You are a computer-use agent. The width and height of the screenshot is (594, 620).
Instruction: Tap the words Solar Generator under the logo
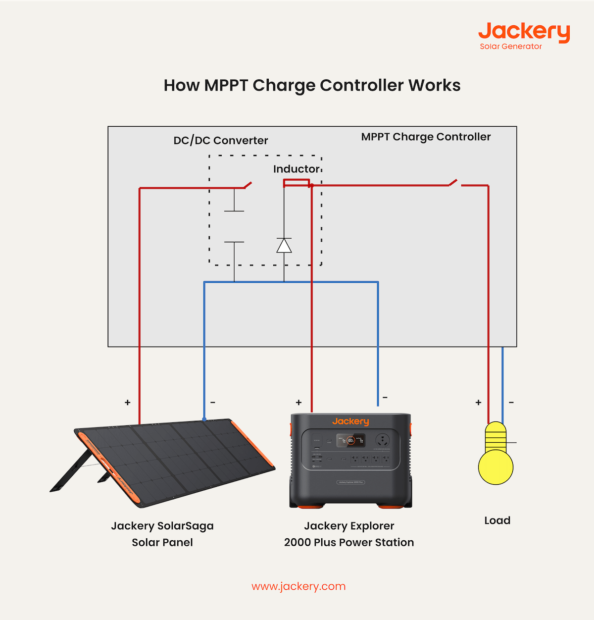(x=510, y=47)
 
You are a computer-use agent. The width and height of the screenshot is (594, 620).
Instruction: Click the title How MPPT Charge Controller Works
(x=312, y=85)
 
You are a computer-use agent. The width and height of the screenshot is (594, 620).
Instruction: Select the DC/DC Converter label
(x=220, y=141)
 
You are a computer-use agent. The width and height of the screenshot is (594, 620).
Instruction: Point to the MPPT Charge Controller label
(x=426, y=137)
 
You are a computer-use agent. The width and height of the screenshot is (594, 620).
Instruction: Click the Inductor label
(x=296, y=169)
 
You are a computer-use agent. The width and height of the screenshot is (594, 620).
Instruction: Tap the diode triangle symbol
(x=284, y=246)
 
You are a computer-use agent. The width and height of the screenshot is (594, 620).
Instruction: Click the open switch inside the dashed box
(x=247, y=186)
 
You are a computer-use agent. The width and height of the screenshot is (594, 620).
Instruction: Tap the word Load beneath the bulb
(x=497, y=520)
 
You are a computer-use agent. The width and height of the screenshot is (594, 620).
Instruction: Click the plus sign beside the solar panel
(x=128, y=403)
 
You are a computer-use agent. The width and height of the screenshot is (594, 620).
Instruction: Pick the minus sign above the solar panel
(x=213, y=402)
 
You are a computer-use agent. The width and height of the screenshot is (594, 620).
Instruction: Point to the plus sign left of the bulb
(x=478, y=403)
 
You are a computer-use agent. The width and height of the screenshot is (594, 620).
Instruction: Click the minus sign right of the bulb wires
(x=511, y=402)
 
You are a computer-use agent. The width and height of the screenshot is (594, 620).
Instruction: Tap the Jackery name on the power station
(x=350, y=421)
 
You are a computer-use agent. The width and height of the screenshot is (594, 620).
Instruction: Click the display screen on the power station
(x=350, y=440)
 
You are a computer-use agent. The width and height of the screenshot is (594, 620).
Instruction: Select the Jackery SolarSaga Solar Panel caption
(x=162, y=534)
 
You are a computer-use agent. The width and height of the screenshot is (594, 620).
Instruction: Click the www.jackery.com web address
(x=298, y=586)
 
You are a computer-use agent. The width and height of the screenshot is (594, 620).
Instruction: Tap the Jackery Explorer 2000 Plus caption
(x=349, y=534)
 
